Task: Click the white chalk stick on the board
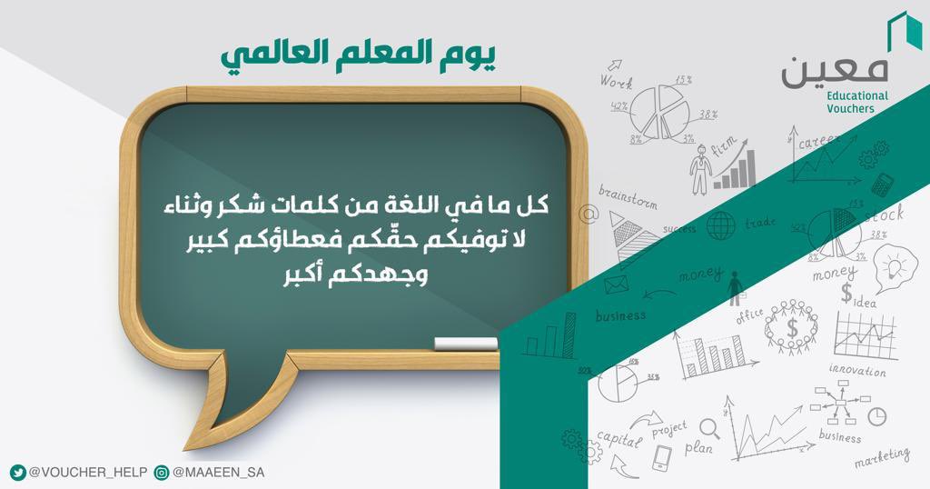point(466,344)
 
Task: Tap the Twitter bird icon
point(17,473)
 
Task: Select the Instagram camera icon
point(162,473)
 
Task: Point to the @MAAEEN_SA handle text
point(218,473)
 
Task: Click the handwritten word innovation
point(856,371)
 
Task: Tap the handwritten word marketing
point(881,454)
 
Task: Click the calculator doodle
point(880,185)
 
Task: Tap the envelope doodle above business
point(618,287)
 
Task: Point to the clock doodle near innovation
point(876,415)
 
